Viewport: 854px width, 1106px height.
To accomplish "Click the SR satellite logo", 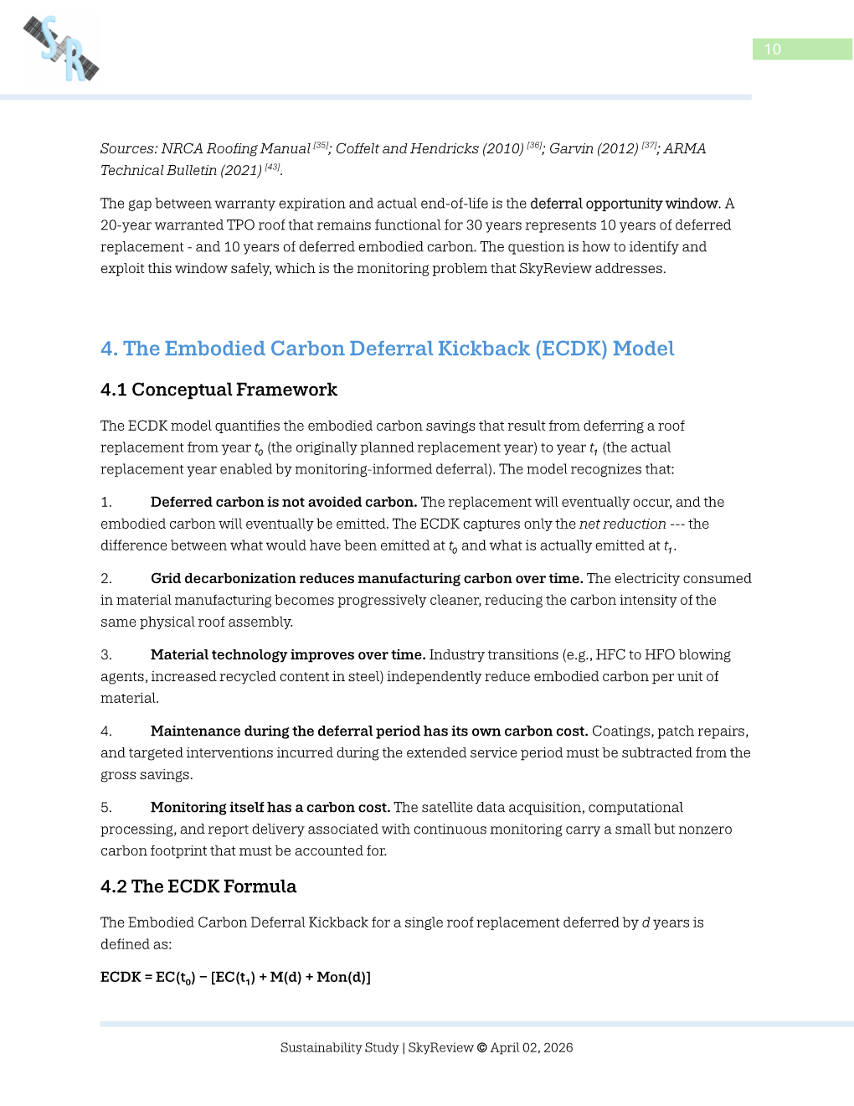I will click(61, 49).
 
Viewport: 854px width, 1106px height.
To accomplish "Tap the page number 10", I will click(772, 49).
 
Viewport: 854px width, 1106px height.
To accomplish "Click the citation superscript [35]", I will click(321, 145).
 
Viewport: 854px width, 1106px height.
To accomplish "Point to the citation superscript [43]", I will click(272, 167).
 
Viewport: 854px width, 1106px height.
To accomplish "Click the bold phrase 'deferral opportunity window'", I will click(624, 204).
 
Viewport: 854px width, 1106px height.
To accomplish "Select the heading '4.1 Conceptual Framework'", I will click(219, 390).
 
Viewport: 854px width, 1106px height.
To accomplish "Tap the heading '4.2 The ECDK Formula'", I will click(198, 886).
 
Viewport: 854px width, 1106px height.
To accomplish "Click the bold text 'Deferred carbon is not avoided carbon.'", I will click(283, 502).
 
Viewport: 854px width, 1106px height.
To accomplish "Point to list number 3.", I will click(105, 654).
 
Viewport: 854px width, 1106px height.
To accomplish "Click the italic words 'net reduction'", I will click(622, 524).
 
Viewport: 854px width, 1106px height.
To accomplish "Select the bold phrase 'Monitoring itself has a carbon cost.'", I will click(270, 807).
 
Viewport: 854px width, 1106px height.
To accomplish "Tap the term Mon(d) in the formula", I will click(343, 977).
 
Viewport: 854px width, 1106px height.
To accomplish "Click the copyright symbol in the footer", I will click(481, 1047).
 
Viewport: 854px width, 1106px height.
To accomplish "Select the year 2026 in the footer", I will click(558, 1047).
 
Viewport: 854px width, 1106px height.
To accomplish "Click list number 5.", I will click(105, 807).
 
